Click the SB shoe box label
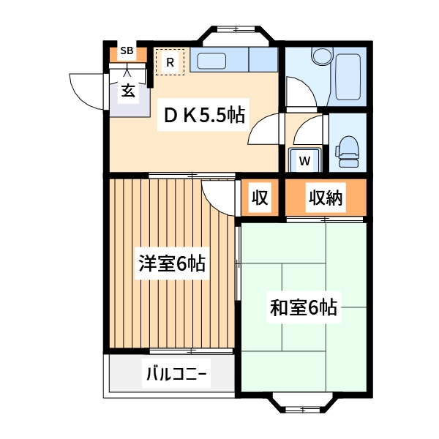[127, 51]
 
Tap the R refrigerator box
[170, 62]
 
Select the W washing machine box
[304, 160]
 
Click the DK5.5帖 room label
[203, 115]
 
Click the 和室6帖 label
[303, 307]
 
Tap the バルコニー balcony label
[176, 376]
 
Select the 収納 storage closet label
[325, 198]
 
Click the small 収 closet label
[260, 198]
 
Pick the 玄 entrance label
[128, 92]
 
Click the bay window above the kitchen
[236, 33]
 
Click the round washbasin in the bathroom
[321, 56]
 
